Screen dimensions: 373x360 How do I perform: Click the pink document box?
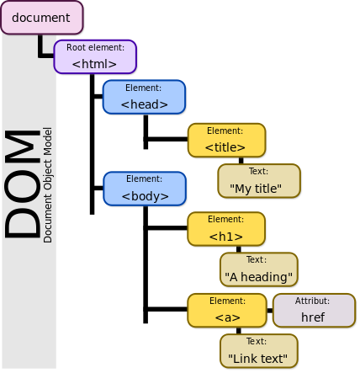click(41, 18)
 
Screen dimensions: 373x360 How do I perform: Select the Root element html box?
click(94, 56)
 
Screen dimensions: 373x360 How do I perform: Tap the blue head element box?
click(144, 97)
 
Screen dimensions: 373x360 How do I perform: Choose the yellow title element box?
click(225, 140)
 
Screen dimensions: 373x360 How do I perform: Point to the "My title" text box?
click(259, 181)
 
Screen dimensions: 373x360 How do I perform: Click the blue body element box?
click(144, 188)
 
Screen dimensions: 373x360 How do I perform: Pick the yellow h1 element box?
click(225, 228)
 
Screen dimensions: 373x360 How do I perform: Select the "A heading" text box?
click(259, 269)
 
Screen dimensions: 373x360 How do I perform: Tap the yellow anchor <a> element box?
click(227, 310)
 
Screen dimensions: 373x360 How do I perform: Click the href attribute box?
click(312, 310)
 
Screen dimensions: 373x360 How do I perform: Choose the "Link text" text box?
click(259, 351)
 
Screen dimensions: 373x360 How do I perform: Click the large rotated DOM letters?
click(23, 184)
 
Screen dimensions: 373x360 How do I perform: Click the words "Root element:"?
click(95, 49)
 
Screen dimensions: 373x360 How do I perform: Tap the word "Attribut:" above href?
click(312, 301)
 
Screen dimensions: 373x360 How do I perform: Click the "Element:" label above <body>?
click(143, 179)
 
